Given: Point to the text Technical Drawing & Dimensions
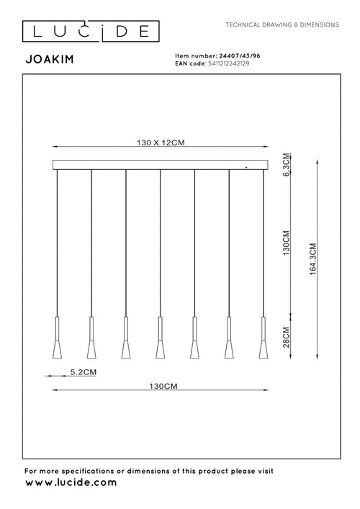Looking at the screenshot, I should click(282, 24).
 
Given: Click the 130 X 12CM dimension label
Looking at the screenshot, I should click(161, 143).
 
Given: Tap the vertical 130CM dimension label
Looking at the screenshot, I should click(286, 245).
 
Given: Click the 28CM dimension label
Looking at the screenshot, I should click(286, 335).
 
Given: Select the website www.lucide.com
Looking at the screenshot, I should click(71, 483).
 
